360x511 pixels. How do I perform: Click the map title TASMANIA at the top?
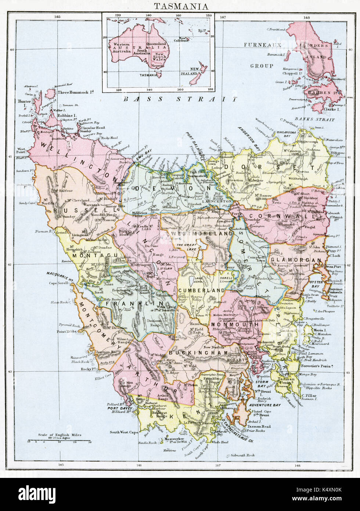coord(181,6)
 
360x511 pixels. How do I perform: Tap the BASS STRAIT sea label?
coord(180,99)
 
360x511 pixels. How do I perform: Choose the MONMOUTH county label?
coord(234,325)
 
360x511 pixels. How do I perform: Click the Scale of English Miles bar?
coord(60,440)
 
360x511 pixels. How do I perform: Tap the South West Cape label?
coord(124,432)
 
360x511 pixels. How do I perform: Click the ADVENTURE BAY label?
coord(269,405)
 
